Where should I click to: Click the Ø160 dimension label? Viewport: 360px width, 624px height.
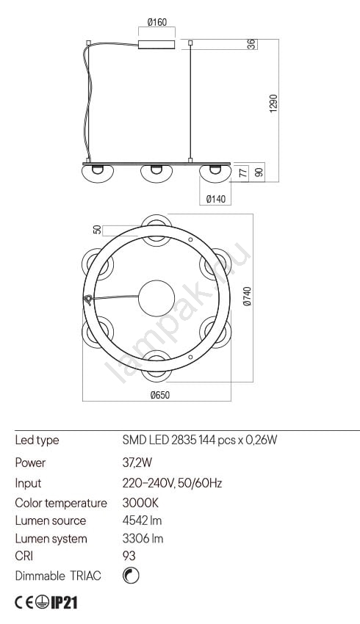(157, 22)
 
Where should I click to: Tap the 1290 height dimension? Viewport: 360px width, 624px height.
(273, 104)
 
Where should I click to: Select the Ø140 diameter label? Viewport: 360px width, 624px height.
(216, 199)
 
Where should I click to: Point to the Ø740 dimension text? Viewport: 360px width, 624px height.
(248, 297)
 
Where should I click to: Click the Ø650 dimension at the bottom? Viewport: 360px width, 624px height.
(160, 395)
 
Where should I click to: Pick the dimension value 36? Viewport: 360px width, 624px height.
(251, 44)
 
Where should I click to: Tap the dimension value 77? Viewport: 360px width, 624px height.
(243, 173)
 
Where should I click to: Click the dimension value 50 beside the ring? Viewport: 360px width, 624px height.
(97, 230)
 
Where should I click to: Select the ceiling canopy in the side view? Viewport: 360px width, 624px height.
(156, 44)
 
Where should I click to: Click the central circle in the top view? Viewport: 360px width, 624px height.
(156, 298)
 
